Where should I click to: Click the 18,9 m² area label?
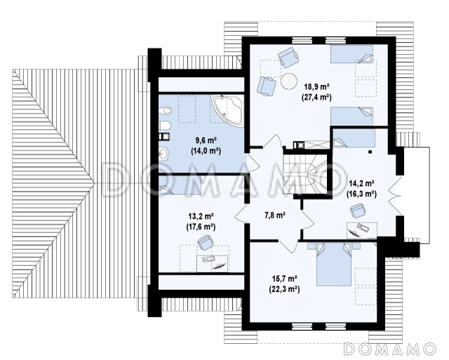(316, 86)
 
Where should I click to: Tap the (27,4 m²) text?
(316, 98)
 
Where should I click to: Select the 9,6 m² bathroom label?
(206, 140)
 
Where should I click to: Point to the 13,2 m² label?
(201, 215)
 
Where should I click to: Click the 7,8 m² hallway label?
(275, 215)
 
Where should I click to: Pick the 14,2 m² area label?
(361, 182)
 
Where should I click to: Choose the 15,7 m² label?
(284, 279)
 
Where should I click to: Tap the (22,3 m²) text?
(284, 290)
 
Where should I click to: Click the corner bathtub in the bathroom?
(227, 110)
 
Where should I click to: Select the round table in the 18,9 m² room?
(288, 81)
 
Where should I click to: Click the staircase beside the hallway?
(305, 174)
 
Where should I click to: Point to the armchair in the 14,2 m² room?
(358, 211)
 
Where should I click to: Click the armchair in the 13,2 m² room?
(205, 242)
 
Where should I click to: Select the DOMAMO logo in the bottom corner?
(389, 349)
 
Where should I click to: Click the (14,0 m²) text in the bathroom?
(206, 151)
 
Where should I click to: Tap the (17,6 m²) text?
(201, 227)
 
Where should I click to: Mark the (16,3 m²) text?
(361, 194)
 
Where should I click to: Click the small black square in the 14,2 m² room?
(370, 152)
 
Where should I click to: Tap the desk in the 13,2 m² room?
(212, 263)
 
